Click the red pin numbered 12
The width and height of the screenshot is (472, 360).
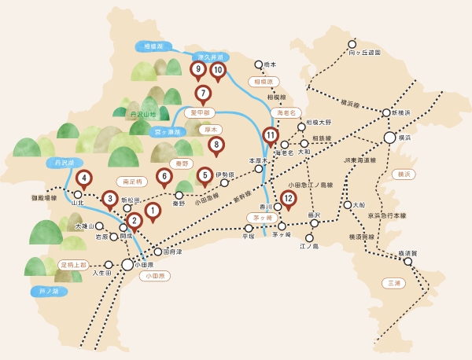coord(289,200)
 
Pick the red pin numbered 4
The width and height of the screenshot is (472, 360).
coord(83,178)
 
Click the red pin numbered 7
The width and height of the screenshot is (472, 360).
coord(203,94)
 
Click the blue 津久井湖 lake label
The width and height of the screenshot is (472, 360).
coord(209,57)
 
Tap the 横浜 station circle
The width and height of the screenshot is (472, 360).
coord(389,138)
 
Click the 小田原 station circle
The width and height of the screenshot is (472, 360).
coord(127,265)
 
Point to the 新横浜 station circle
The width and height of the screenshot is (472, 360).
coord(386,113)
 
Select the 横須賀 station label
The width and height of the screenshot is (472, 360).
coord(407,253)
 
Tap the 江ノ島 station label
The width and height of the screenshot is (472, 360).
coord(308,246)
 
